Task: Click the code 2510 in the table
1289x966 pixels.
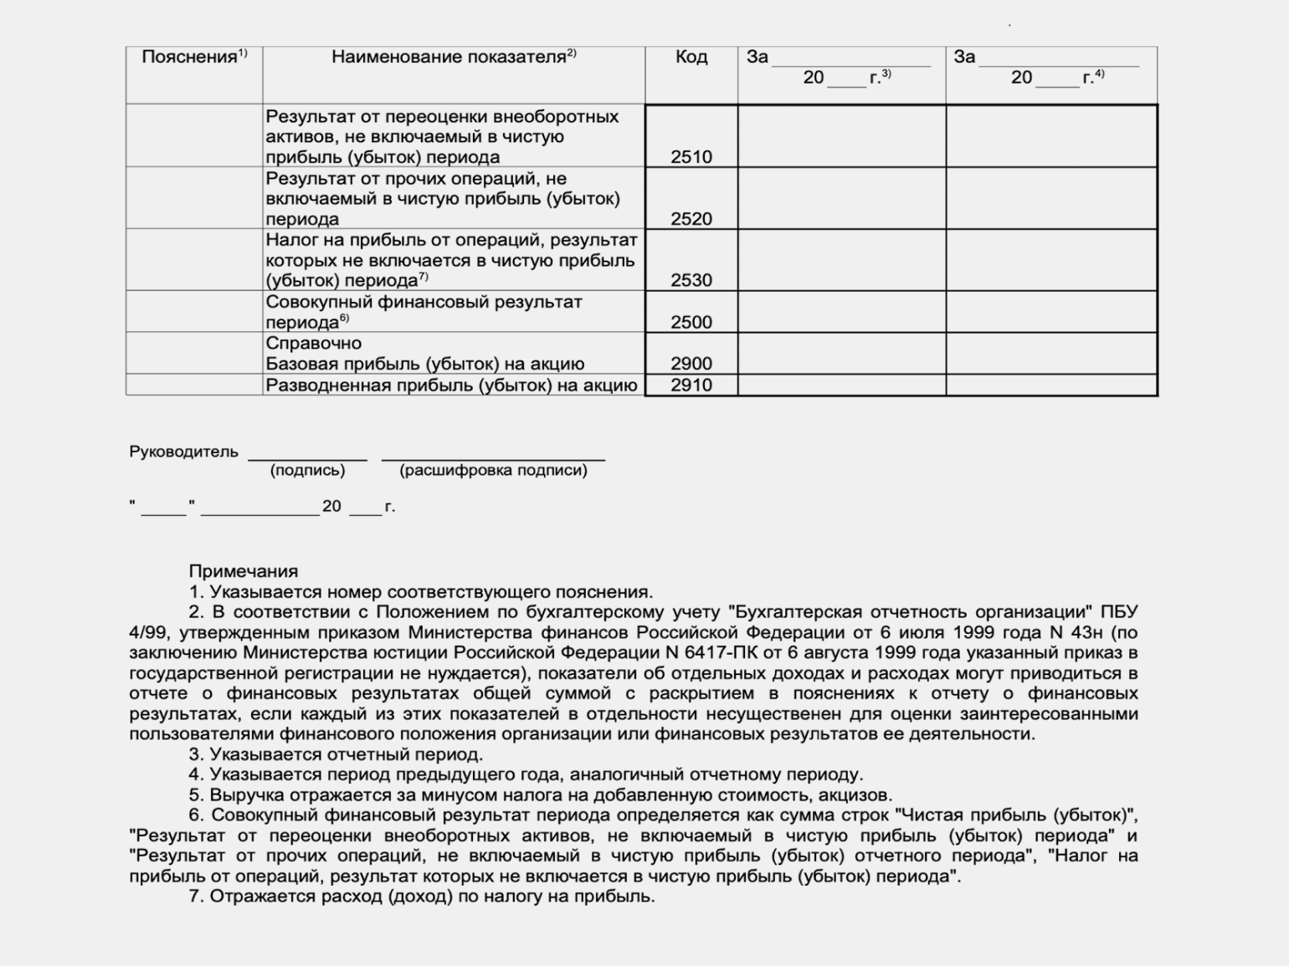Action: click(x=691, y=156)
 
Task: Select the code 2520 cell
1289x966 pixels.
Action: click(x=691, y=218)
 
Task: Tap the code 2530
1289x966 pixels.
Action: click(x=691, y=280)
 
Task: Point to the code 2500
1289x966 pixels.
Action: click(x=691, y=322)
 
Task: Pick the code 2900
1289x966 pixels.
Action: click(x=691, y=364)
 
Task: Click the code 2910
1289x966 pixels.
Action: click(x=691, y=385)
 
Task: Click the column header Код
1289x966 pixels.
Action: click(x=691, y=57)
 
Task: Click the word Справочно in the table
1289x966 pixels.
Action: click(x=313, y=343)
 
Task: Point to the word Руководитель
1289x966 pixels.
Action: click(x=183, y=452)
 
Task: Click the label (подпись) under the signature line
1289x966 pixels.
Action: click(x=307, y=470)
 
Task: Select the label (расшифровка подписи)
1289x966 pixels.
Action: click(x=493, y=470)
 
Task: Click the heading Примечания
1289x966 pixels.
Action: click(x=243, y=571)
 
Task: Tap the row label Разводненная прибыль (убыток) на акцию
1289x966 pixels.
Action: click(x=451, y=385)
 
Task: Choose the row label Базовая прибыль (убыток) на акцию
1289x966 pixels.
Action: click(x=424, y=364)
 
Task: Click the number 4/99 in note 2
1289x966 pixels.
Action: click(x=148, y=632)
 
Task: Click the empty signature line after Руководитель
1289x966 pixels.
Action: click(x=307, y=457)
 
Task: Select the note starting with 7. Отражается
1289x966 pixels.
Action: click(x=421, y=897)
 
